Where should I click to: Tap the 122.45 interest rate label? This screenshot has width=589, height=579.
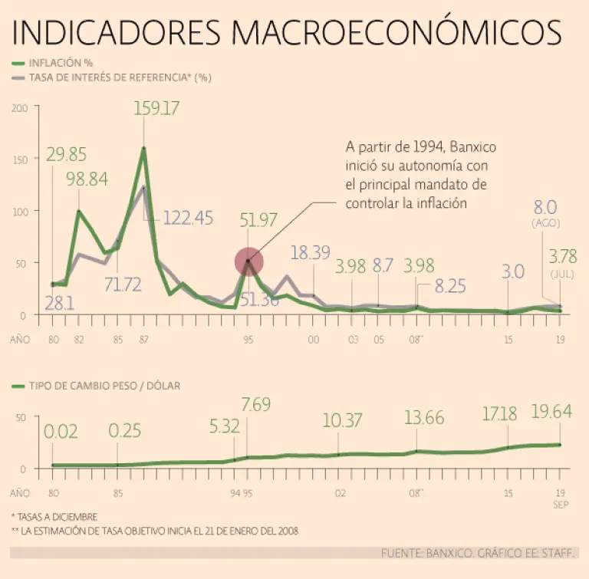tap(188, 218)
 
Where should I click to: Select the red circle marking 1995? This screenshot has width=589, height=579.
tap(248, 262)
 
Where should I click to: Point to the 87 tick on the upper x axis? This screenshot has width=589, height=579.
tap(143, 338)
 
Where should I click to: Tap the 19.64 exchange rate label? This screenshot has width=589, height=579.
tap(551, 413)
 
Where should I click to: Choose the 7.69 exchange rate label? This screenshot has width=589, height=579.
tap(256, 403)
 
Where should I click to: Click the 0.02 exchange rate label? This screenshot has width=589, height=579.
tap(61, 432)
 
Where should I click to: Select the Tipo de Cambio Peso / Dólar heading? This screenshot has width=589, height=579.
tap(105, 386)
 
